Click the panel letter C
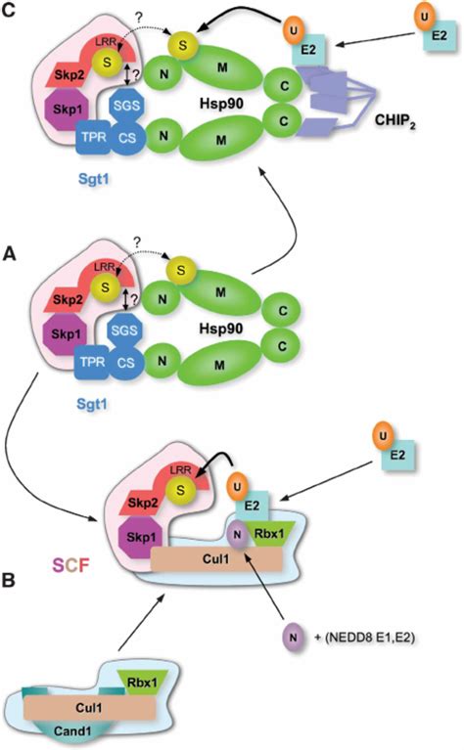pyautogui.click(x=11, y=12)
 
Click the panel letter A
pyautogui.click(x=11, y=251)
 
